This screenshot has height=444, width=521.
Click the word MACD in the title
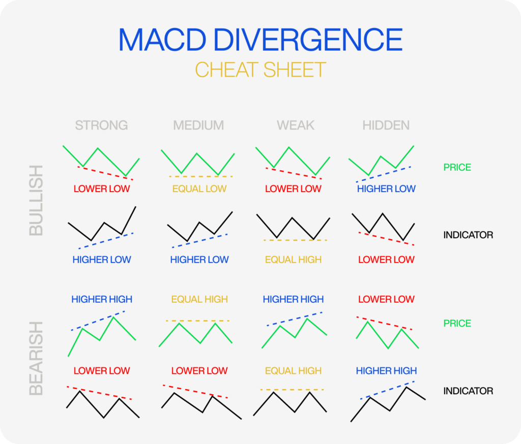[x=162, y=40]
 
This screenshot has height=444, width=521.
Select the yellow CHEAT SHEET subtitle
[x=260, y=70]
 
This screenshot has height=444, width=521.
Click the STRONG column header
[x=101, y=125]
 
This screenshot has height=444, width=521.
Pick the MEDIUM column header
[x=198, y=125]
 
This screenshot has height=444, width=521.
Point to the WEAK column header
[x=296, y=125]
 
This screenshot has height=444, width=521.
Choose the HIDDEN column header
[x=386, y=125]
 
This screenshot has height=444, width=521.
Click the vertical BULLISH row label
[x=36, y=201]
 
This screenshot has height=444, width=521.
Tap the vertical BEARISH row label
[x=36, y=358]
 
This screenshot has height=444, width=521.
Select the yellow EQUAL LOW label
[x=199, y=189]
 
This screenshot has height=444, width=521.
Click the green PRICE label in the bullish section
[x=457, y=167]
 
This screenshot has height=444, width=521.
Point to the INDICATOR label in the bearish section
[x=468, y=391]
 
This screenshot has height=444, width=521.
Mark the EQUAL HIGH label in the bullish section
[x=293, y=260]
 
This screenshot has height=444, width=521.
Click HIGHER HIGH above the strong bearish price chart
[x=102, y=299]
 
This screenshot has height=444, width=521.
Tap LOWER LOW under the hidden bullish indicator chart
[x=386, y=260]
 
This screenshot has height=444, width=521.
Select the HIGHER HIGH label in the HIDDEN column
[x=386, y=371]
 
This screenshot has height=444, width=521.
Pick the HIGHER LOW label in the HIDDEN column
[x=386, y=189]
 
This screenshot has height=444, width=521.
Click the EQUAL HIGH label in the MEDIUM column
[x=199, y=299]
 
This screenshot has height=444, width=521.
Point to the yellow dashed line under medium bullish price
[x=200, y=177]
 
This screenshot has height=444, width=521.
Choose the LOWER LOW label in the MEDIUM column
[x=199, y=371]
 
